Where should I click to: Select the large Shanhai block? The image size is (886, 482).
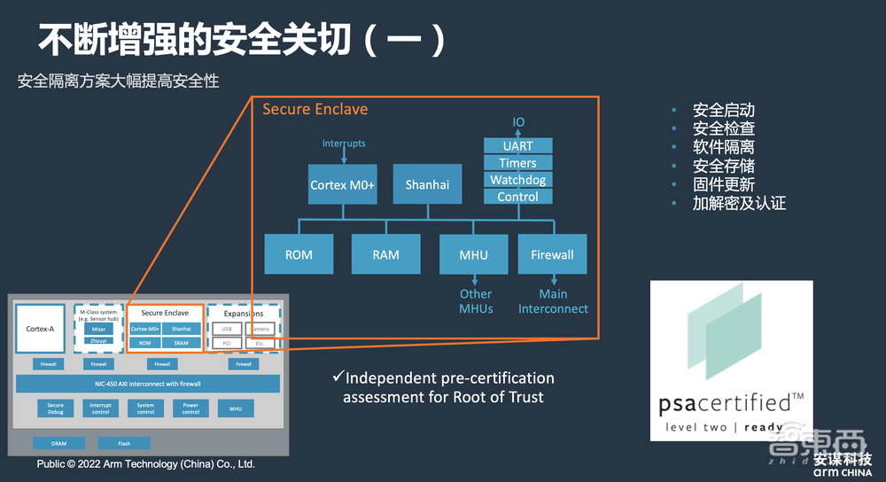coord(427,184)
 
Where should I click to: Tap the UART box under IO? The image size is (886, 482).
coord(517,146)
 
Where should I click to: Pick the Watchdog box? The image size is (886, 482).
coord(517,180)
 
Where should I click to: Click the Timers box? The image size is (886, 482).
coord(517,163)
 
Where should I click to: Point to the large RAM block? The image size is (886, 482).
coord(385,254)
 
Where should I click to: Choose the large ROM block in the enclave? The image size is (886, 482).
coord(299,254)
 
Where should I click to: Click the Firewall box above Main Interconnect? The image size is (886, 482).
coord(552,254)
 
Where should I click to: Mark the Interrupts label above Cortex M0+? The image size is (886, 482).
coord(344,144)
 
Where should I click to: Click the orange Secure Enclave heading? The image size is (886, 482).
coord(315,109)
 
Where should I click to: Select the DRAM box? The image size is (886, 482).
coord(58,443)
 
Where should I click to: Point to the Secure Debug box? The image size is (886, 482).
coord(56,408)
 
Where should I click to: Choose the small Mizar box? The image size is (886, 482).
coord(98,329)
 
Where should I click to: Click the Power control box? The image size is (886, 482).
coord(190,408)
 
